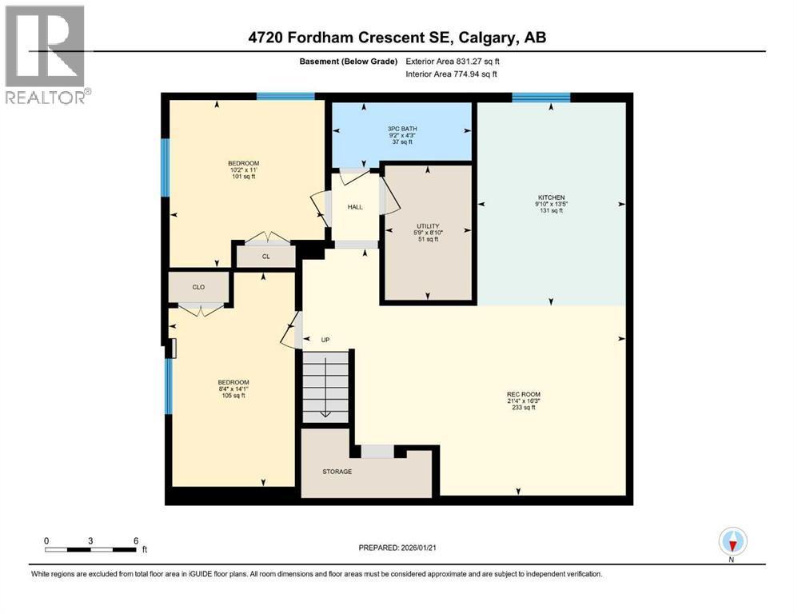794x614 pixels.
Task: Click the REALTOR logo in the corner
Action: [x=46, y=54]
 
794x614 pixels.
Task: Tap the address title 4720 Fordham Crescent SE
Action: [x=397, y=38]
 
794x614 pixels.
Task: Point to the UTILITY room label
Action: [x=428, y=233]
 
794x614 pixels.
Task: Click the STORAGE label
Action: [x=337, y=472]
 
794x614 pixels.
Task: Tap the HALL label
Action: [x=355, y=207]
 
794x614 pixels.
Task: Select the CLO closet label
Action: [x=198, y=286]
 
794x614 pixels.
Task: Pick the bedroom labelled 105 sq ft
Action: [x=233, y=389]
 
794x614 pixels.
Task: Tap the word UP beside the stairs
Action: [x=325, y=340]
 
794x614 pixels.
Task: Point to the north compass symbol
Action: [x=732, y=543]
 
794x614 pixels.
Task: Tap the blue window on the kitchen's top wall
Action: [x=541, y=98]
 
